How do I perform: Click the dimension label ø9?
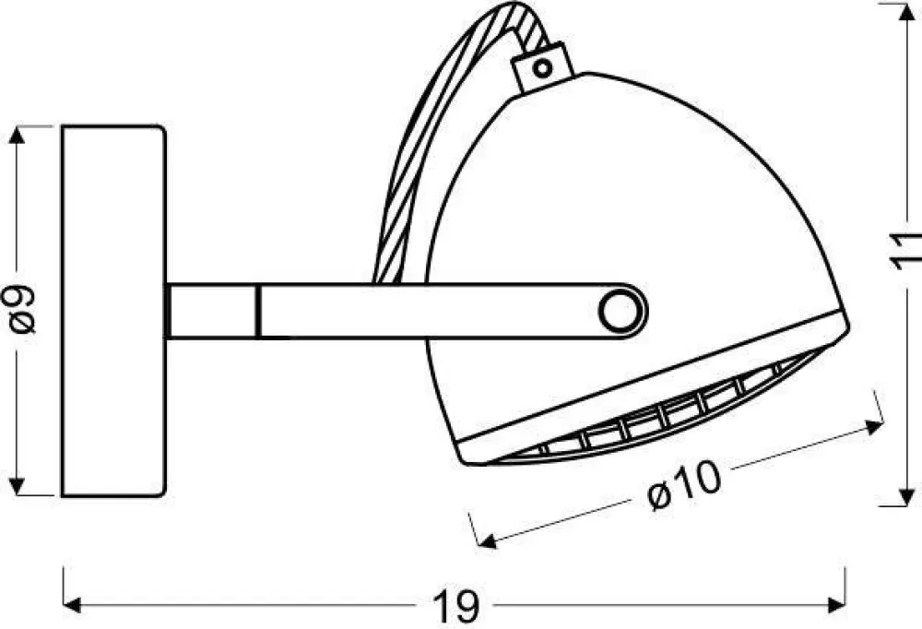point(23,309)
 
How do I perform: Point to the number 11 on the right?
point(908,251)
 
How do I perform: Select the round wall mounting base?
point(112,310)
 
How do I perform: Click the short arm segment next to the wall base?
point(212,311)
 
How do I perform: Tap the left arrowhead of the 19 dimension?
point(72,606)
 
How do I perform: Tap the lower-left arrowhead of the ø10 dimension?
point(481,541)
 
